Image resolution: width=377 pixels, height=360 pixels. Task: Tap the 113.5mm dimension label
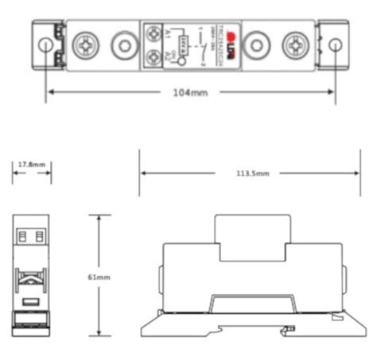(x=251, y=172)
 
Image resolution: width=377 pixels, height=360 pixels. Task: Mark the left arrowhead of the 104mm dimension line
(x=49, y=93)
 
